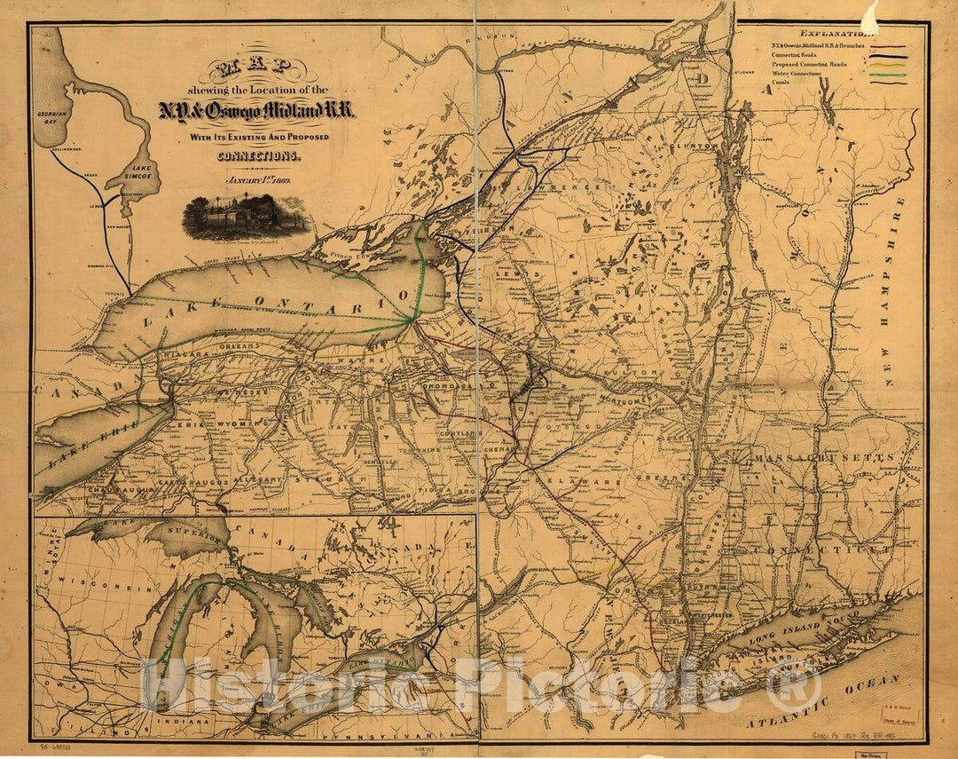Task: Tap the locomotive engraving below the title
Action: point(246,216)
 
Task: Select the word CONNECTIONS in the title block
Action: point(256,155)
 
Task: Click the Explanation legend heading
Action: point(828,31)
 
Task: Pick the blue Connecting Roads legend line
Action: point(888,54)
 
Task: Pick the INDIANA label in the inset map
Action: point(189,723)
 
